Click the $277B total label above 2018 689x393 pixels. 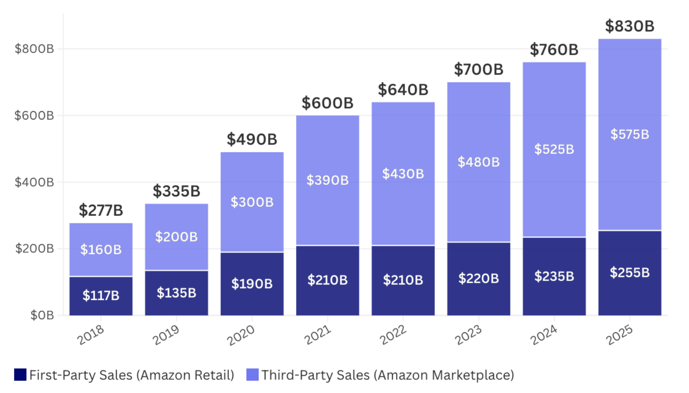(x=101, y=211)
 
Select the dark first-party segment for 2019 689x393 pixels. (x=177, y=293)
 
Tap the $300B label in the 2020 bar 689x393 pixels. (x=252, y=202)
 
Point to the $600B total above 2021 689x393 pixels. (x=328, y=103)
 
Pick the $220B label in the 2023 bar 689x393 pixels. (x=478, y=278)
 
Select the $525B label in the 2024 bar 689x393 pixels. (x=554, y=149)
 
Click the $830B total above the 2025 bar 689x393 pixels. (x=629, y=26)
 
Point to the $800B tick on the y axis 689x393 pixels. (x=34, y=49)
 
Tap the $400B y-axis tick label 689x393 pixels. (x=34, y=182)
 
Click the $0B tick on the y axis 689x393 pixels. (x=42, y=315)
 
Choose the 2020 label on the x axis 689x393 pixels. (x=241, y=335)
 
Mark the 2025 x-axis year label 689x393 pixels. (x=619, y=335)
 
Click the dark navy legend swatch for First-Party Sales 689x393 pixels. (x=20, y=375)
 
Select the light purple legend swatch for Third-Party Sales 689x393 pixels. (x=253, y=375)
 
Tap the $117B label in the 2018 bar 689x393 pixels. (x=101, y=295)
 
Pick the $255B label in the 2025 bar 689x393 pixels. (x=629, y=273)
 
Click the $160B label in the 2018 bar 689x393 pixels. (x=101, y=250)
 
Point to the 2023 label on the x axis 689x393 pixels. (x=468, y=335)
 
